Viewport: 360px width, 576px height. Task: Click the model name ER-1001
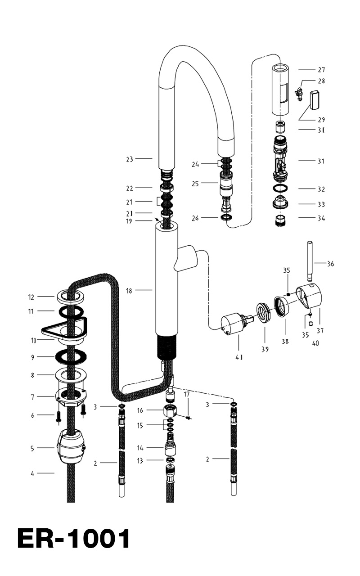point(73,539)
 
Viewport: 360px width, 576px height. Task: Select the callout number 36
point(331,264)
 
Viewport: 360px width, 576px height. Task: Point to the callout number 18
point(130,291)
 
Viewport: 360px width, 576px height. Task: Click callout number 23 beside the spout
point(130,159)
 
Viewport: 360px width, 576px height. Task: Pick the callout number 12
point(31,297)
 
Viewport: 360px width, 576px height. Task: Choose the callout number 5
point(32,448)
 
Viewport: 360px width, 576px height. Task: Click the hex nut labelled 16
point(169,411)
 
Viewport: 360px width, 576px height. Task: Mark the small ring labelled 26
point(226,218)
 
